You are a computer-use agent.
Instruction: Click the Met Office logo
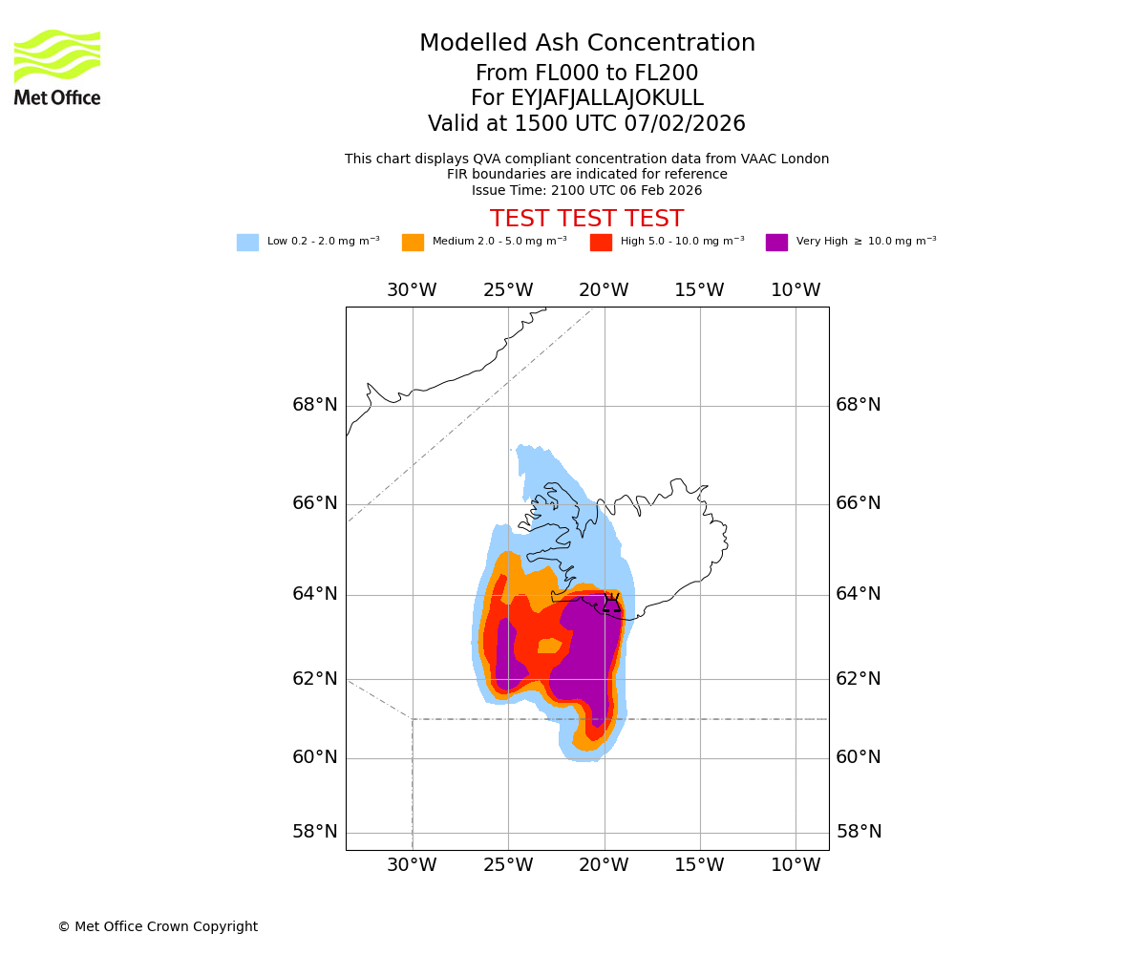pos(57,67)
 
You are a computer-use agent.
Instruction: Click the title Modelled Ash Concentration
pos(587,44)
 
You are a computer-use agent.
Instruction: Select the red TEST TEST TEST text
pos(586,220)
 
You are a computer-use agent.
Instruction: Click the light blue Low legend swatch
pos(247,243)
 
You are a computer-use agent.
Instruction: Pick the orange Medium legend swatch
pos(413,243)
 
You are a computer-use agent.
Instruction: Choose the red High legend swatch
pos(601,243)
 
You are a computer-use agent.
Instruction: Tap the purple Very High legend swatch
pos(776,243)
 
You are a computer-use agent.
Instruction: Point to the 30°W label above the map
pos(412,290)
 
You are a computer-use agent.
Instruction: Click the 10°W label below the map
pos(796,865)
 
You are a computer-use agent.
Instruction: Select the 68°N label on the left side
pos(315,405)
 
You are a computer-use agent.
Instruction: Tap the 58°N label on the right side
pos(859,832)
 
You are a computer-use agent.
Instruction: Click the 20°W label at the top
pos(604,290)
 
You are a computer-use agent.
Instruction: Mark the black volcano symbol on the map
pos(611,604)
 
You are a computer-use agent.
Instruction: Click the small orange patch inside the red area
pos(549,646)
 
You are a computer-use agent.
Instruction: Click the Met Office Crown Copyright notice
pos(158,927)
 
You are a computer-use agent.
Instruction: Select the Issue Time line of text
pos(586,191)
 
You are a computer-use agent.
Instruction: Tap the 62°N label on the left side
pos(315,679)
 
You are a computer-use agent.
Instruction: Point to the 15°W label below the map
pos(699,865)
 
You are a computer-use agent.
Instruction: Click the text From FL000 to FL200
pos(586,74)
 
